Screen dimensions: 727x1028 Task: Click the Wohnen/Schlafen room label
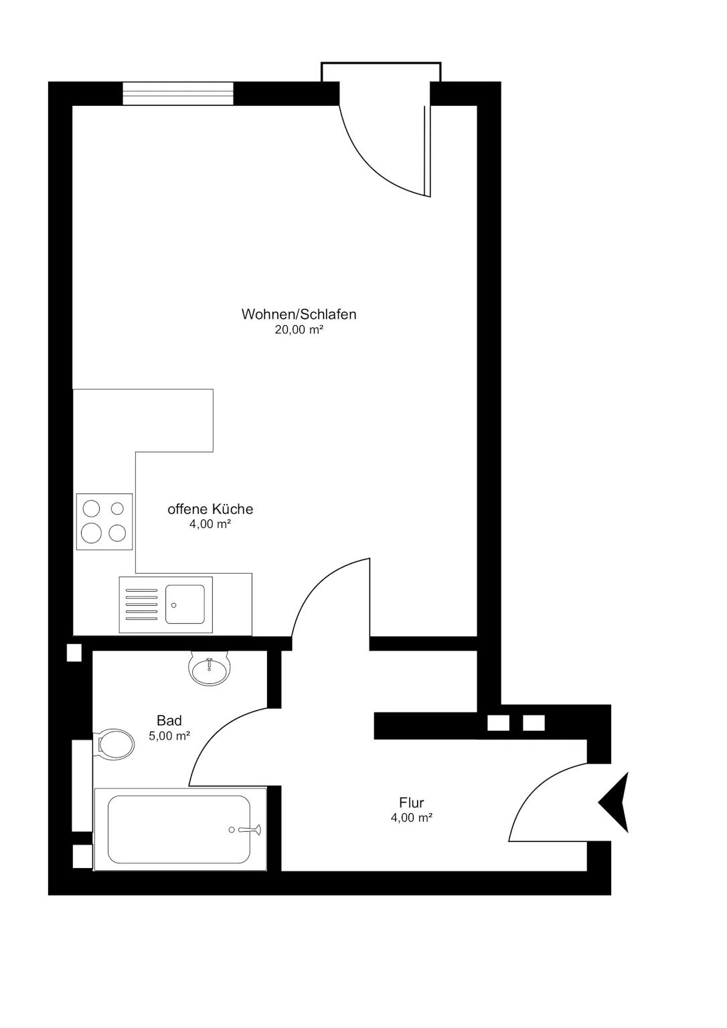(x=299, y=315)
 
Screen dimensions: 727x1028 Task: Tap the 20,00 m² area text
(x=299, y=329)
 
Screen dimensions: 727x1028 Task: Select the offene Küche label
(x=210, y=509)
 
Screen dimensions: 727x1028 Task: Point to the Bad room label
(x=169, y=721)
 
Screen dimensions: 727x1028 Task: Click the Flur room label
(x=412, y=802)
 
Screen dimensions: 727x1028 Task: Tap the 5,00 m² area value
(x=169, y=736)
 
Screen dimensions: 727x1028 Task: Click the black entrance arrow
(x=614, y=802)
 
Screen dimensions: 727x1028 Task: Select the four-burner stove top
(x=104, y=522)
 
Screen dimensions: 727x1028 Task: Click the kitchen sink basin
(x=185, y=604)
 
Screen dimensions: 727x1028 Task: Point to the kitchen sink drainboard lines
(x=141, y=604)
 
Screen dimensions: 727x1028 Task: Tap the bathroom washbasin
(x=209, y=669)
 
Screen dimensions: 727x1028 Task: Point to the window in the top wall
(x=178, y=94)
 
